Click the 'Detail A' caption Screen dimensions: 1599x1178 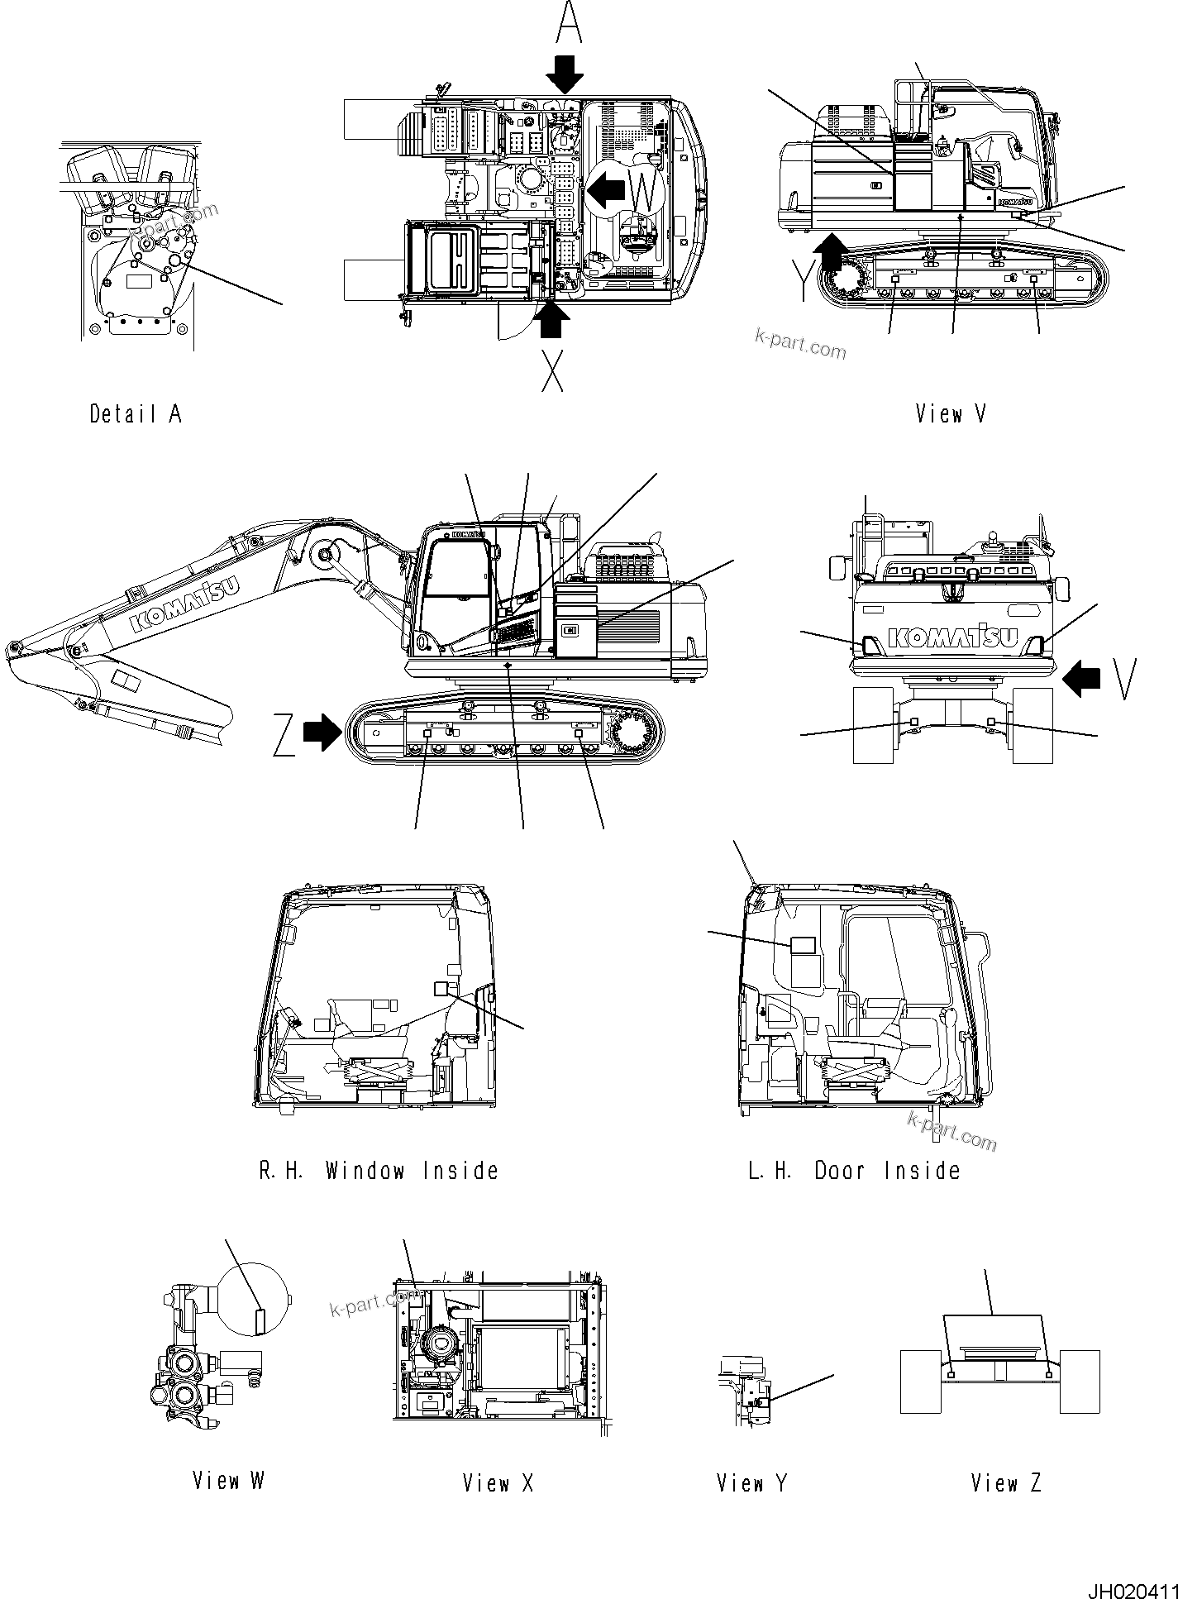[135, 413]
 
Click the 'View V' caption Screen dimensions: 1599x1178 [950, 413]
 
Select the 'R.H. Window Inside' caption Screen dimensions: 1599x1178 [379, 1170]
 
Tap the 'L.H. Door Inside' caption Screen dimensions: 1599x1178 [854, 1170]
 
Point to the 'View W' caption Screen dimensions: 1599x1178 [228, 1480]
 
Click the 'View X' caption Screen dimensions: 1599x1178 [498, 1483]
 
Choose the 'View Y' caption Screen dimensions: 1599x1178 [751, 1483]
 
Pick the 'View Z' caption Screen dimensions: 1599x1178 [1005, 1483]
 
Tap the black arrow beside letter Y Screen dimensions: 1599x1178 [829, 252]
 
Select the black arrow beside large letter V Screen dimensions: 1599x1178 [1082, 679]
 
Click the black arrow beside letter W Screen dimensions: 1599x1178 [606, 191]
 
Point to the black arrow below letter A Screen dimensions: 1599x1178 [567, 76]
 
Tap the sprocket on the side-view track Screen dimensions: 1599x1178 [634, 729]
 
